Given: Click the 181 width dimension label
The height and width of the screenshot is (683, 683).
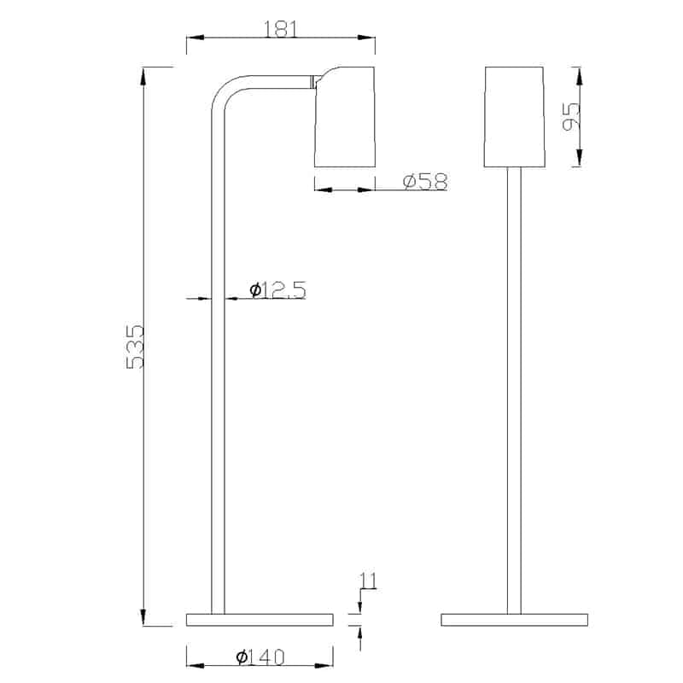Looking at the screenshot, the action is click(x=281, y=29).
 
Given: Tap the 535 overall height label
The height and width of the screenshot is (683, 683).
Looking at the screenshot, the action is click(x=135, y=347).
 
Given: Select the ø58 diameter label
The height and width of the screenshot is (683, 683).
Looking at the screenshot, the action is click(x=425, y=182).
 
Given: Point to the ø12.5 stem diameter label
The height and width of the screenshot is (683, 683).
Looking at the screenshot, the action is click(x=278, y=289).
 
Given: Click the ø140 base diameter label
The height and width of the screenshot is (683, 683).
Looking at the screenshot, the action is click(x=260, y=657).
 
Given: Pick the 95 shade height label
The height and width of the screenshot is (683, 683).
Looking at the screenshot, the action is click(x=571, y=116).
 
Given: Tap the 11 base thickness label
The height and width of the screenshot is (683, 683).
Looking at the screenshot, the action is click(x=368, y=581).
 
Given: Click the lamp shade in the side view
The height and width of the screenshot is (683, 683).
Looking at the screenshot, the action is click(x=345, y=117).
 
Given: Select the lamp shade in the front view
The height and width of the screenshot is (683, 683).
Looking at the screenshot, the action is click(x=515, y=117).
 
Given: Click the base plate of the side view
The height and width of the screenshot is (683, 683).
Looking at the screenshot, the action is click(x=260, y=620).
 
